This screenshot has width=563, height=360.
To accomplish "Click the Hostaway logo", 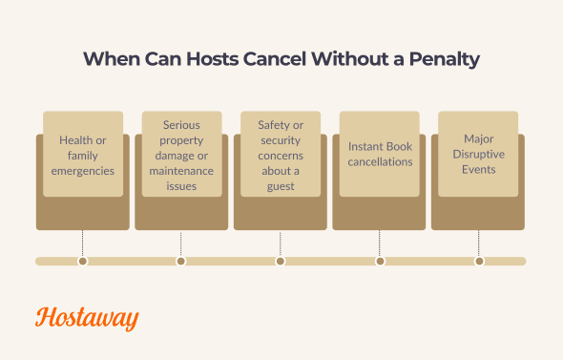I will pos(87,318).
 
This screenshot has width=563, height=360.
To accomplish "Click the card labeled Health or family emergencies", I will pos(83,155).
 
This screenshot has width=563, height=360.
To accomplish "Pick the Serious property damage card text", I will pos(181,155).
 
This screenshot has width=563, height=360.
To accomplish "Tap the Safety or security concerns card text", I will pos(281,155).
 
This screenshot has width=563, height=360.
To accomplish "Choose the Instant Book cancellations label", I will pos(380,155).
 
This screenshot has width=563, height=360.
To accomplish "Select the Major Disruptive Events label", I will pos(478,154).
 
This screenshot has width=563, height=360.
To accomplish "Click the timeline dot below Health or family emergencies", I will pos(83,261).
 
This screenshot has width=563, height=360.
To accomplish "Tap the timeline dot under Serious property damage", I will pos(181,261).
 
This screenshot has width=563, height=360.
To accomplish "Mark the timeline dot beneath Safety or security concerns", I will pos(281,261).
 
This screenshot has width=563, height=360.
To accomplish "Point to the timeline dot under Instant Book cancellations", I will pos(380,261).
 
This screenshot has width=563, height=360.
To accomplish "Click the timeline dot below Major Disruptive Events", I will pos(479,261).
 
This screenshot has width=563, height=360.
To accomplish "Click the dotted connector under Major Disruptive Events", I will pos(479,243).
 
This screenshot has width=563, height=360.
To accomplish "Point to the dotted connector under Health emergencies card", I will pos(83,243).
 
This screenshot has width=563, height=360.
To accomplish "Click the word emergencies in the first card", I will pos(83,171).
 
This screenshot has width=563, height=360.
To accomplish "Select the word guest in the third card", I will pos(281,186).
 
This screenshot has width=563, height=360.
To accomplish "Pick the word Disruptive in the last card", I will pos(478,154).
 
